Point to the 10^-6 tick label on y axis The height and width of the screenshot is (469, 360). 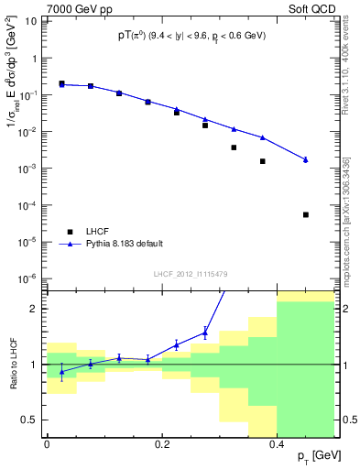click(28, 278)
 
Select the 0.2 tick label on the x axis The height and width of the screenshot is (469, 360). click(162, 444)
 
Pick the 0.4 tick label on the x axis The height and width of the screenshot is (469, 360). click(277, 444)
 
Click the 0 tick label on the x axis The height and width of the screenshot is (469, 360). click(47, 444)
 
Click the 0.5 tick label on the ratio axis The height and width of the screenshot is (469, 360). click(29, 420)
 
